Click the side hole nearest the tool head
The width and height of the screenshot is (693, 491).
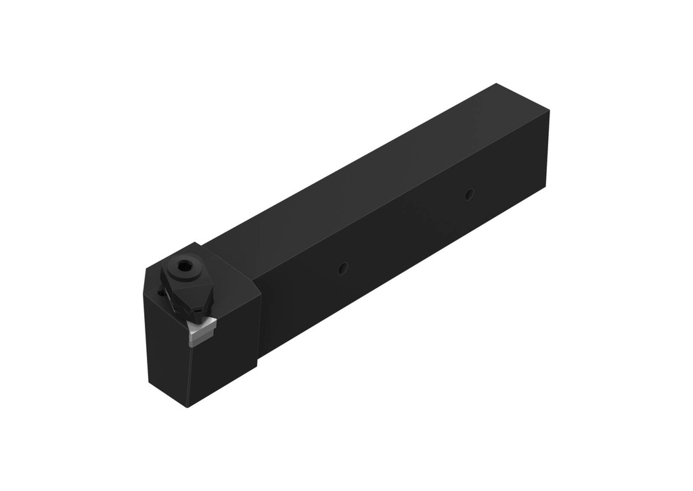[343, 269]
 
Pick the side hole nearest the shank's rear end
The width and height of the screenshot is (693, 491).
[468, 195]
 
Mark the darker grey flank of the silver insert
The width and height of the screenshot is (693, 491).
[196, 339]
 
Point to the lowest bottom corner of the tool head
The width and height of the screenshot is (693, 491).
[187, 406]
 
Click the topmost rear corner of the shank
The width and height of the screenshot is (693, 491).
[497, 84]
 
